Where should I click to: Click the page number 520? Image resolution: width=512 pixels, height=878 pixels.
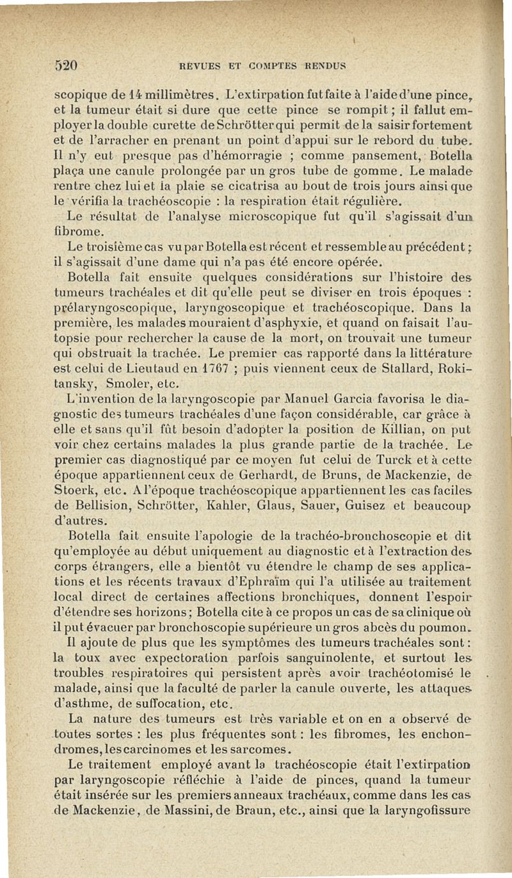click(x=65, y=64)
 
